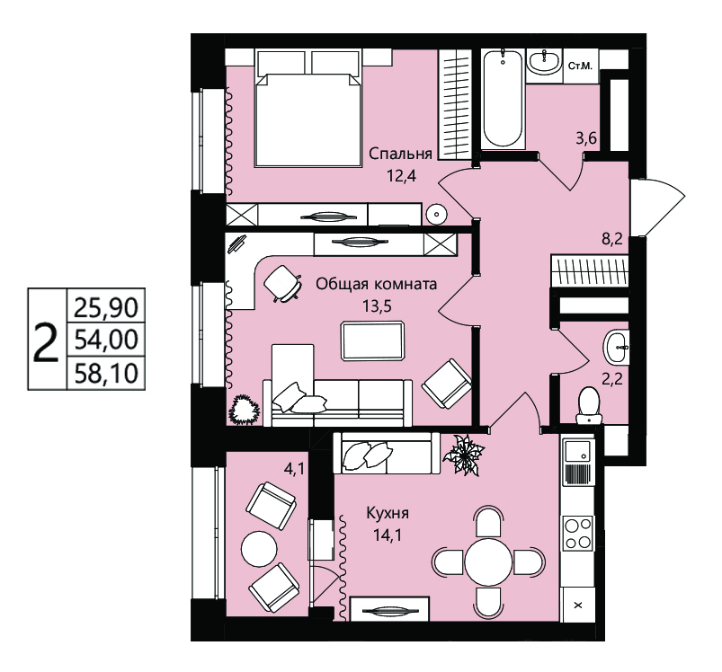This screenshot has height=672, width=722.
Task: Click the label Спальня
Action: [401, 153]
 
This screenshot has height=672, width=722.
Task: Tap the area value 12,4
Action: [402, 176]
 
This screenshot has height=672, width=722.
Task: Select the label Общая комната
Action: [376, 284]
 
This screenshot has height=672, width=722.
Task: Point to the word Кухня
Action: [388, 513]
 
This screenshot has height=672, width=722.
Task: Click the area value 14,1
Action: [388, 535]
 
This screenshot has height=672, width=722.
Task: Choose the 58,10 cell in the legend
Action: [106, 373]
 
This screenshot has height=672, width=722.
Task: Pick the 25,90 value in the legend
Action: [106, 306]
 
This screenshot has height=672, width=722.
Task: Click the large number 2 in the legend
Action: [47, 341]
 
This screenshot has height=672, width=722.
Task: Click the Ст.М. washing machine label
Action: [580, 66]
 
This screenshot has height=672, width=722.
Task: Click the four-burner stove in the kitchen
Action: [578, 533]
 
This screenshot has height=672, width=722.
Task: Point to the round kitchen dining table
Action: [488, 561]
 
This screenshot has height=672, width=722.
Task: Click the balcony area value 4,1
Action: [293, 470]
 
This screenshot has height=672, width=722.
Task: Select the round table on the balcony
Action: [259, 548]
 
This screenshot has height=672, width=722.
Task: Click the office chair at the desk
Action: [282, 283]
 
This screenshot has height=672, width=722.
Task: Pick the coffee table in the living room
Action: [372, 340]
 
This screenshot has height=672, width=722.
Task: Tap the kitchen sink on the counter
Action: [577, 450]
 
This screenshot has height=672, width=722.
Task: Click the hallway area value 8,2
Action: [612, 239]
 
